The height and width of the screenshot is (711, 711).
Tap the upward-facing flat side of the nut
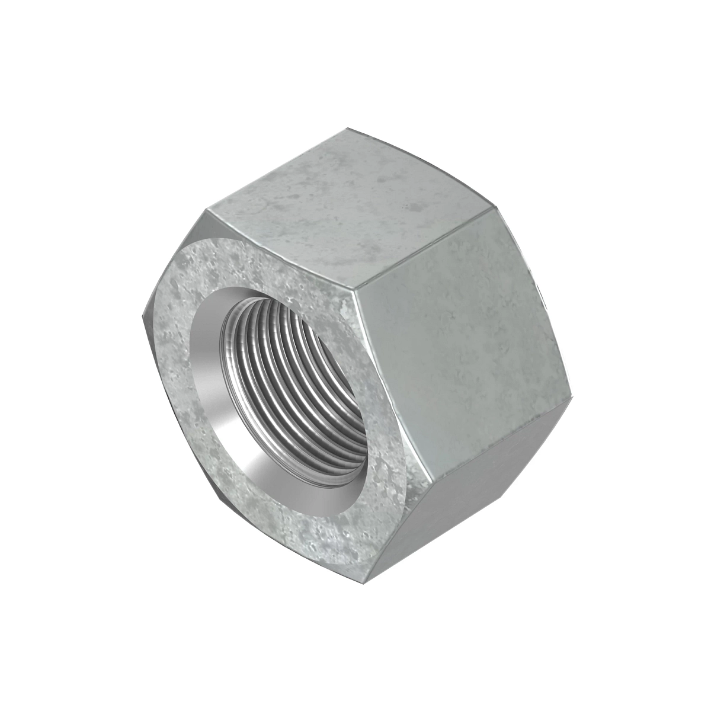click(x=350, y=201)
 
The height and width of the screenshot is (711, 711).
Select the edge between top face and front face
click(x=278, y=249)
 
